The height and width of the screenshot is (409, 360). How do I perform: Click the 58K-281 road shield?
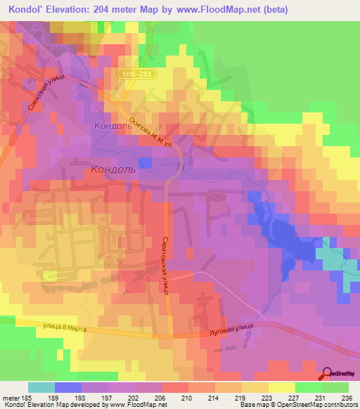coord(134,72)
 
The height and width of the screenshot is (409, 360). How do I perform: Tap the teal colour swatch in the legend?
coord(41,387)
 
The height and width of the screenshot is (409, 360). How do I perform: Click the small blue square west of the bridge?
coord(145,162)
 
